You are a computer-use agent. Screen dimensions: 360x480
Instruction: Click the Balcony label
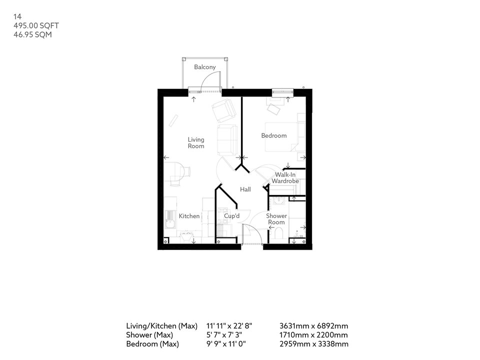click(x=205, y=67)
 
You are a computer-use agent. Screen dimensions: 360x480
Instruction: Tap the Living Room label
click(x=196, y=143)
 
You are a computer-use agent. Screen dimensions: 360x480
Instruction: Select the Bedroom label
click(x=274, y=135)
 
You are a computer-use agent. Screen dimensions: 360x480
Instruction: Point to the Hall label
click(x=245, y=189)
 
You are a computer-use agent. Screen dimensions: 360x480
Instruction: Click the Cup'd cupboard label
click(x=232, y=216)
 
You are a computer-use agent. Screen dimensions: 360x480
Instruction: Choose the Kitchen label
click(x=189, y=216)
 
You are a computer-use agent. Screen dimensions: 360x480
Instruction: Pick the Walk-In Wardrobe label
click(x=285, y=177)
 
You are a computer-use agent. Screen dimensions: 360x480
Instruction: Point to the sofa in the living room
click(x=227, y=139)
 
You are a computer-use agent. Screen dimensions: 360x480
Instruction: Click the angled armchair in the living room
click(x=222, y=110)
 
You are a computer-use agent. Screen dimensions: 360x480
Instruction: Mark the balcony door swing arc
click(x=212, y=80)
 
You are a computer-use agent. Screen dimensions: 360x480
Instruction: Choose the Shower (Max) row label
click(x=149, y=335)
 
